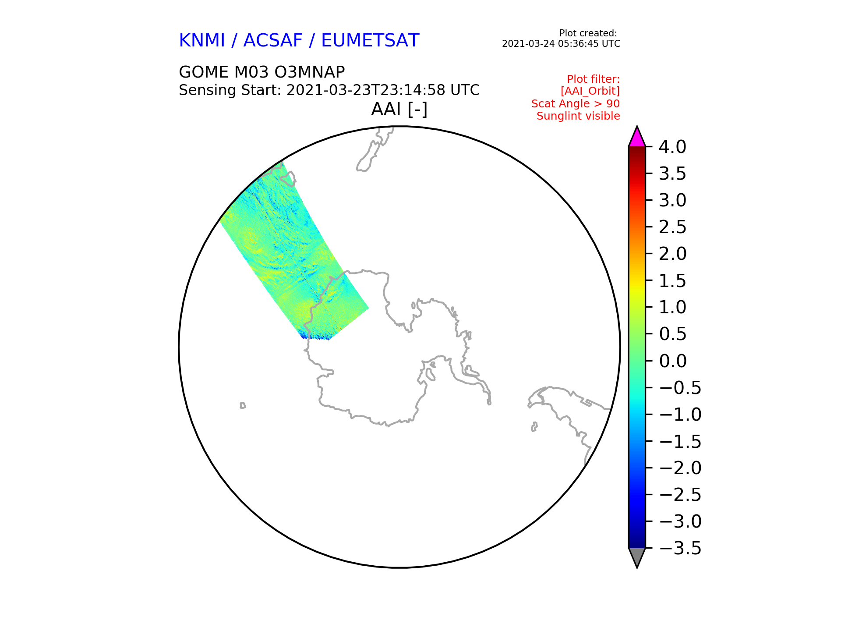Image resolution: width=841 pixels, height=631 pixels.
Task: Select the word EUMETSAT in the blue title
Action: (x=370, y=41)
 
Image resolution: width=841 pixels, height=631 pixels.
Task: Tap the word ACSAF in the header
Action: (x=273, y=41)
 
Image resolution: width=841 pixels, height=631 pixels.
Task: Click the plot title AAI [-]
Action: (x=399, y=110)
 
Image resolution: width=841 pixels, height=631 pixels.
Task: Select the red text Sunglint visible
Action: (x=578, y=116)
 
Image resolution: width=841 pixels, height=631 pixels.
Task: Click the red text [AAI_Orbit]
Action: (x=590, y=91)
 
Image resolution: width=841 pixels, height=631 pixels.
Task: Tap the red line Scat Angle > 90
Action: (x=576, y=104)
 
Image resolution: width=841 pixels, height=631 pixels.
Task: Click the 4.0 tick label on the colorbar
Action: (x=672, y=147)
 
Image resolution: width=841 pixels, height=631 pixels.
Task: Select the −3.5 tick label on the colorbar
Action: (x=680, y=548)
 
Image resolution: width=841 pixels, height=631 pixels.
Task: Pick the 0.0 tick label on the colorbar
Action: (x=672, y=361)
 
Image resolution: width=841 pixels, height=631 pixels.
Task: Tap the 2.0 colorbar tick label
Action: (x=672, y=254)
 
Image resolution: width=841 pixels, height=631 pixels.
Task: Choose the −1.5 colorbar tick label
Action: (x=680, y=441)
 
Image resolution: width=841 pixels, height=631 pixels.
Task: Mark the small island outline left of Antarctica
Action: (x=243, y=405)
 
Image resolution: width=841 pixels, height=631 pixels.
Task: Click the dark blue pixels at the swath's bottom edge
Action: (x=315, y=337)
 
